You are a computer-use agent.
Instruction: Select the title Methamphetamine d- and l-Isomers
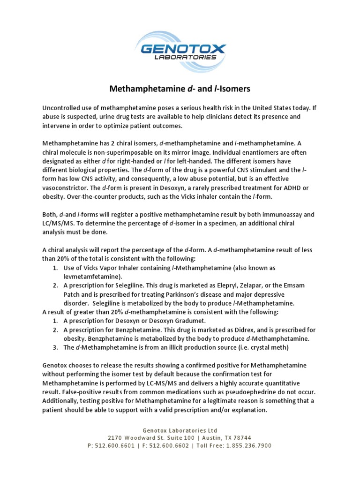pos(180,88)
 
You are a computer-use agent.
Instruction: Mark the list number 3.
pos(55,347)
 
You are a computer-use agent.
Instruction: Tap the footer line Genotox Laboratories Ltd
pos(180,430)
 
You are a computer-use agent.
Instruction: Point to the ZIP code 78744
pos(242,437)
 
